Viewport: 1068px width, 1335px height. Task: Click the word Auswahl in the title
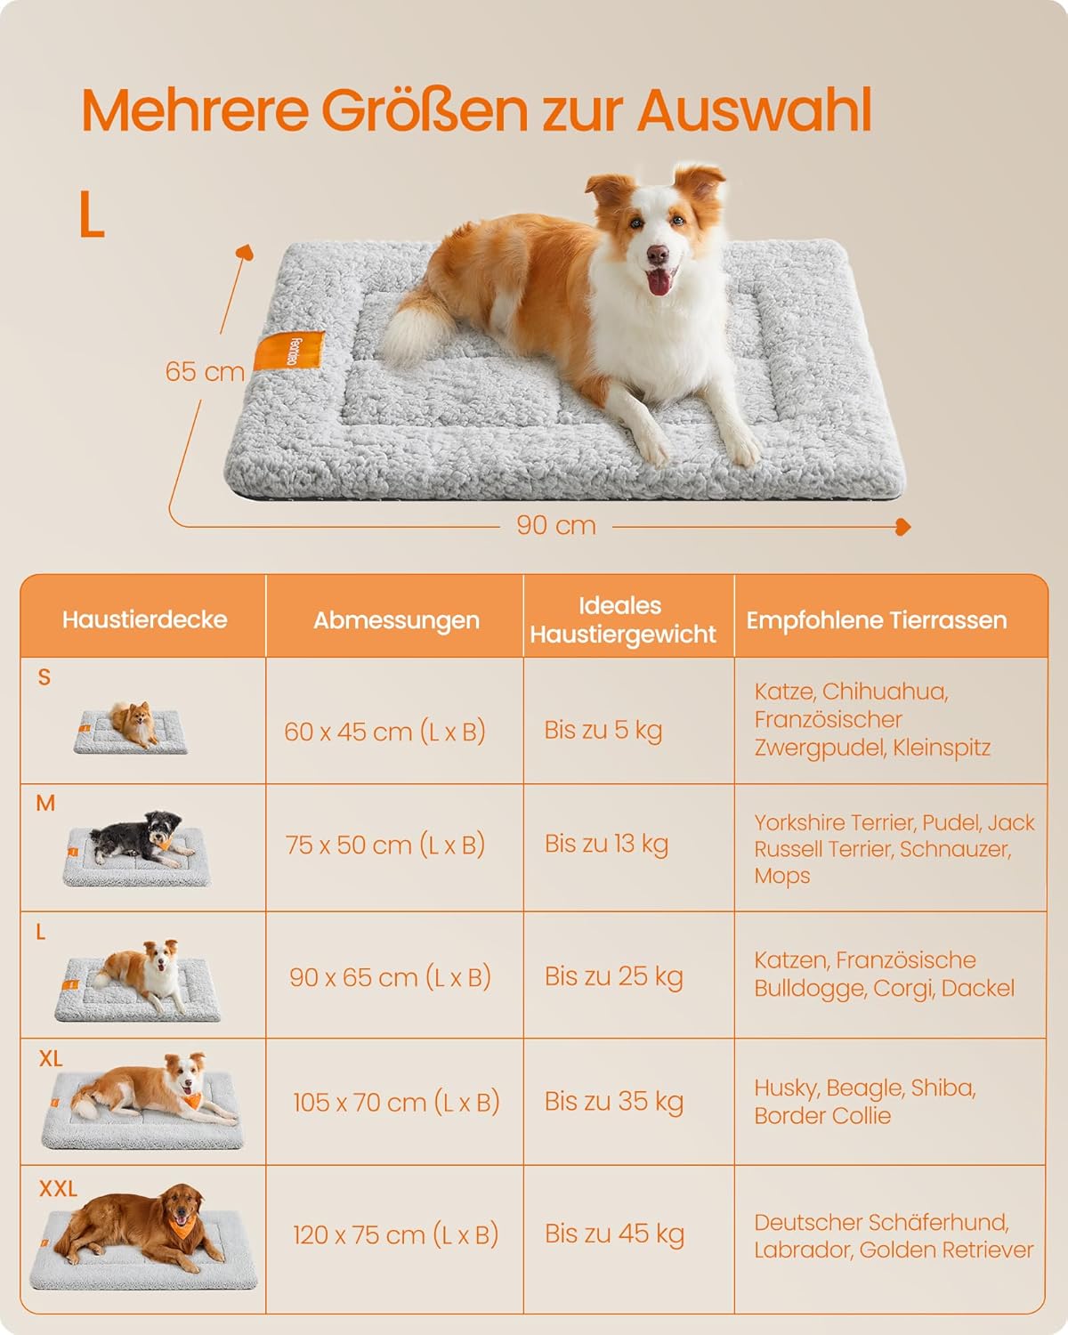point(755,110)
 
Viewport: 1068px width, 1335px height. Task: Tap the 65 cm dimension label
point(205,372)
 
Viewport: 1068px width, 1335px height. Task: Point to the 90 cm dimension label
point(556,525)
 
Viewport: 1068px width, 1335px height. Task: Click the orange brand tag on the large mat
point(289,352)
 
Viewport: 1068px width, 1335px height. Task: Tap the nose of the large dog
point(657,253)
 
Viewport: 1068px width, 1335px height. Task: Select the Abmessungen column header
point(396,619)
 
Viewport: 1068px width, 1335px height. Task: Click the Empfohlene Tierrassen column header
point(877,619)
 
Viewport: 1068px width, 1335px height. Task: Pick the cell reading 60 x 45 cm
point(384,732)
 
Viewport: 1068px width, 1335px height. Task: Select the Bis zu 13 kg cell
point(606,844)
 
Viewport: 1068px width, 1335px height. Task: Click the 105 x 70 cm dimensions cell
point(396,1103)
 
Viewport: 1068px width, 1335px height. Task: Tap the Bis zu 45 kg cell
point(614,1234)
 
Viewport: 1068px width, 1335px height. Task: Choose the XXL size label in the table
point(59,1189)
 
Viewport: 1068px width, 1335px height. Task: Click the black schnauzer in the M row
point(139,838)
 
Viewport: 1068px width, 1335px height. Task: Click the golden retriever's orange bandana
point(183,1226)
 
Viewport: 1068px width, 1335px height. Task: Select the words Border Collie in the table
point(822,1115)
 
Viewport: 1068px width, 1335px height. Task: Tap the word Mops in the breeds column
point(782,877)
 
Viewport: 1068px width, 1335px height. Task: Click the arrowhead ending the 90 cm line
point(903,527)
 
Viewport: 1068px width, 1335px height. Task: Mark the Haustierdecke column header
point(144,619)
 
